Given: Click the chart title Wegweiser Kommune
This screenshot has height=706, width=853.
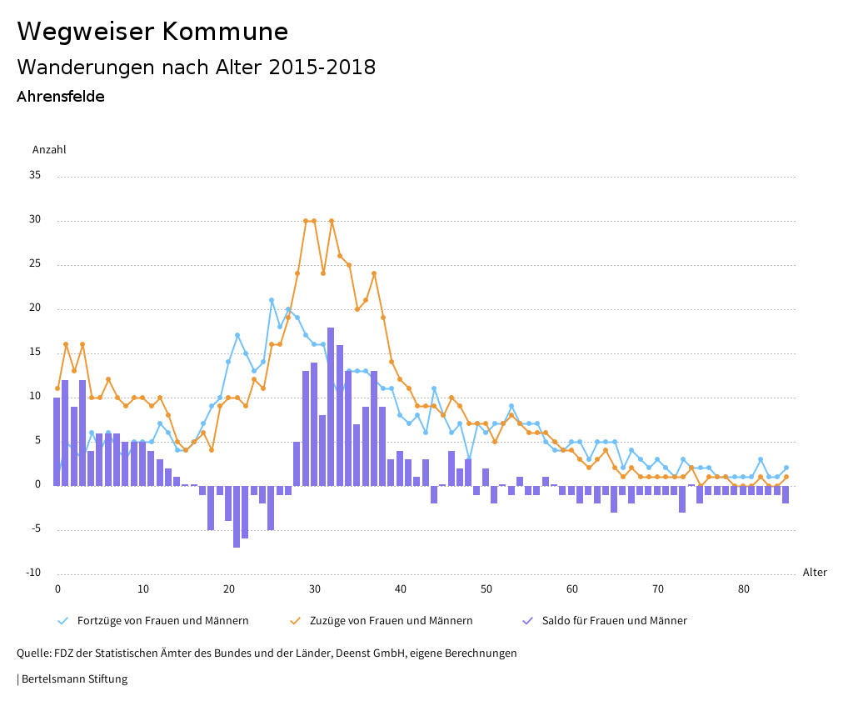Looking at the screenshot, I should (152, 32).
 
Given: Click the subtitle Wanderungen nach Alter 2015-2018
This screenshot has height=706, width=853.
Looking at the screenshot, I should (196, 68).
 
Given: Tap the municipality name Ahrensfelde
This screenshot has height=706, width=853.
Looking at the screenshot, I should (61, 97).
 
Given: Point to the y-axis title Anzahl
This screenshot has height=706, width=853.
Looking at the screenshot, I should (49, 150).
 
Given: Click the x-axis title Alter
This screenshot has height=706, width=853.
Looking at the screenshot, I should (815, 573).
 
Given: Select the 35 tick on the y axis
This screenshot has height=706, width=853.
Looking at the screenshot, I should (34, 176).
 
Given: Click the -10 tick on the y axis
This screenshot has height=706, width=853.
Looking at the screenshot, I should (33, 573).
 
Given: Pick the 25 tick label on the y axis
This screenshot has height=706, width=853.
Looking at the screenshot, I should (34, 264).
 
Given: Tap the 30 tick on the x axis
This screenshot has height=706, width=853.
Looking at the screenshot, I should (315, 589).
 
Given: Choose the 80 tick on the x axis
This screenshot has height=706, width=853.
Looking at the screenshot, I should (744, 589).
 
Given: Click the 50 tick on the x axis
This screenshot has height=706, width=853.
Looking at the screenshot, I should (486, 589).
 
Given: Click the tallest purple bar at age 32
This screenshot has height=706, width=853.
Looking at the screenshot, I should (331, 406).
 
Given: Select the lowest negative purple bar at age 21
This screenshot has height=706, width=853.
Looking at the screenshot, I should (237, 516).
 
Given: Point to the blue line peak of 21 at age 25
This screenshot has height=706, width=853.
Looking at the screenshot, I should (272, 300).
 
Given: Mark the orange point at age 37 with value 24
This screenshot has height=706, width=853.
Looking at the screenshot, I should (374, 273).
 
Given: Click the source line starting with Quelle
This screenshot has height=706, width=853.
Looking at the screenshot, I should (267, 653).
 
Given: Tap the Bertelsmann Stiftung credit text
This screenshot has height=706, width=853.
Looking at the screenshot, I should (73, 679).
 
